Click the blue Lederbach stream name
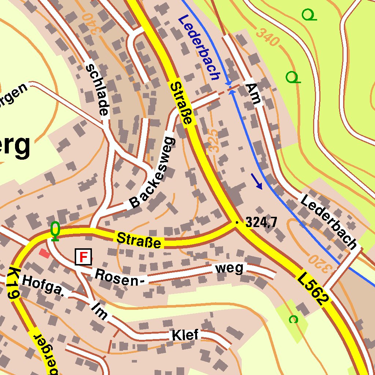(200, 48)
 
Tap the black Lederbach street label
(328, 222)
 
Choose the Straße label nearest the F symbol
(139, 240)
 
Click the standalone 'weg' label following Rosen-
(229, 268)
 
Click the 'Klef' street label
(185, 335)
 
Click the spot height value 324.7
(261, 222)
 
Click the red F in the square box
(83, 257)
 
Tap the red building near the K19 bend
(44, 253)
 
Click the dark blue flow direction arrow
(257, 182)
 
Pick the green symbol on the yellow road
(55, 231)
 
